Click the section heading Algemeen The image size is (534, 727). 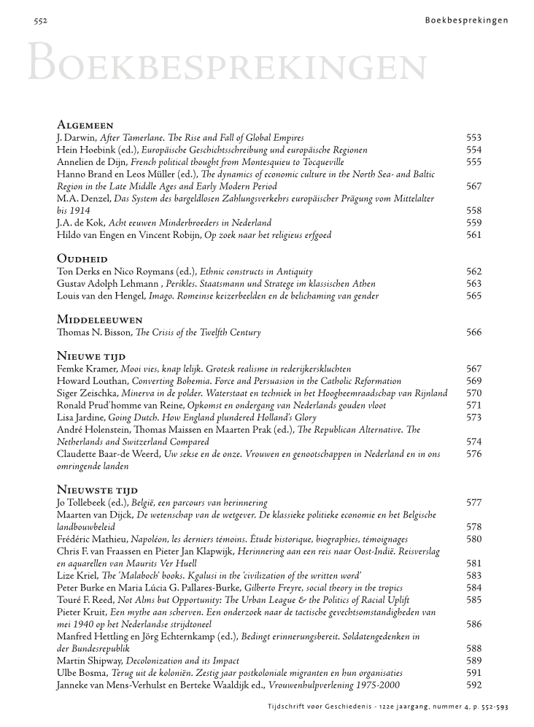tap(85, 126)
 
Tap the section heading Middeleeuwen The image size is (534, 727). tap(98, 320)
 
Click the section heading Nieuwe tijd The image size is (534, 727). tap(91, 356)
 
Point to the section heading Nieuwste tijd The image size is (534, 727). tap(97, 490)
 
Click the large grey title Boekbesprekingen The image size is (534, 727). tap(226, 64)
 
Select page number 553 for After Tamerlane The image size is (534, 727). tap(473, 138)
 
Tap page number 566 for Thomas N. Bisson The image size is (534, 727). tap(473, 333)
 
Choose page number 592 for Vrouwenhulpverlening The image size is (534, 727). tap(473, 685)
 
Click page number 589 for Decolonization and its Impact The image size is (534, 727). tap(473, 661)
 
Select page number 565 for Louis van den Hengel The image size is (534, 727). tap(473, 296)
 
